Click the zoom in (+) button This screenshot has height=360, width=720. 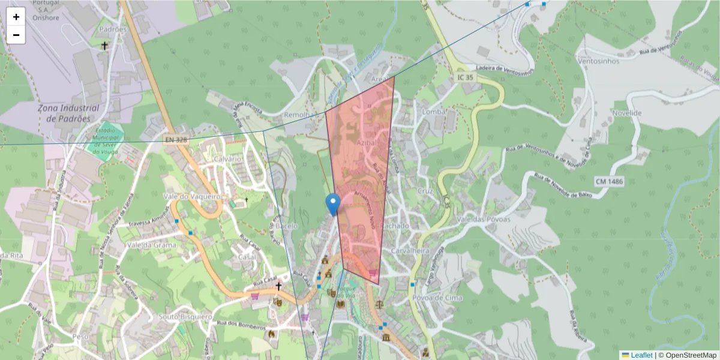[16, 17]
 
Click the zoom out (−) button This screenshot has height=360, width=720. [16, 35]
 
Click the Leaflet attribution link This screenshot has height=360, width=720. [641, 355]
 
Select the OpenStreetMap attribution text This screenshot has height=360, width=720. [691, 355]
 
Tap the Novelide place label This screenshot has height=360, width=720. [626, 113]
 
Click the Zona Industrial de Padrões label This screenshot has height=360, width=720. [68, 113]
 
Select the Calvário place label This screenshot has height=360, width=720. [227, 158]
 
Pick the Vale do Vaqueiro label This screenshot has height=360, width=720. [193, 196]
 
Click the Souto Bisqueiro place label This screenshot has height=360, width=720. [186, 316]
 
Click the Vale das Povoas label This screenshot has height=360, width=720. [484, 219]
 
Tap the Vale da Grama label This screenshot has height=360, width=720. [152, 245]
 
